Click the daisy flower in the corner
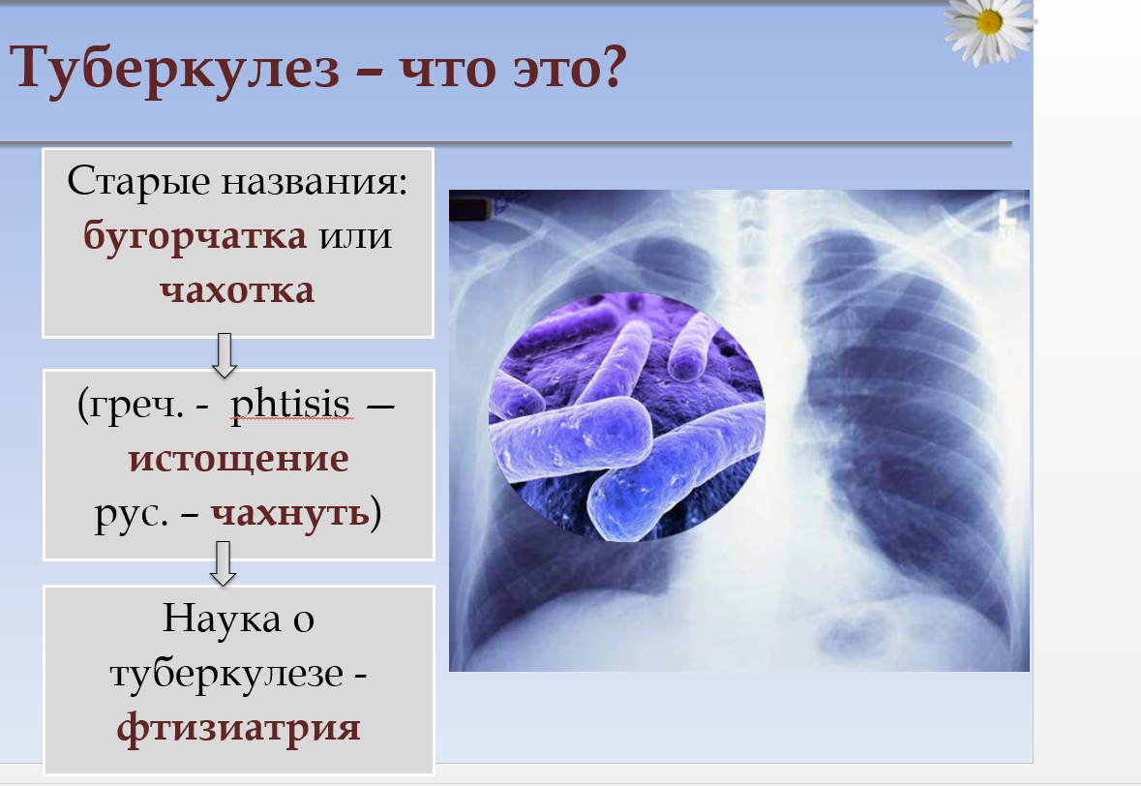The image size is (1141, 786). [x=989, y=28]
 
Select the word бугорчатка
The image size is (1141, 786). [x=195, y=237]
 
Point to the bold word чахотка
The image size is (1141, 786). [x=237, y=289]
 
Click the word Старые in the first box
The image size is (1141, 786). [x=138, y=182]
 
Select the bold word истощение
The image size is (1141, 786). [x=239, y=459]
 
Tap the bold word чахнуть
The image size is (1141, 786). [x=289, y=512]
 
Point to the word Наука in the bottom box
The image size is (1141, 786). [x=222, y=619]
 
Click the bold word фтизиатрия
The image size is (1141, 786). [x=239, y=728]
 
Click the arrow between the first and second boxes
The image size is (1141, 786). [x=225, y=355]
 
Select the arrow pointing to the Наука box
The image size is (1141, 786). [x=224, y=563]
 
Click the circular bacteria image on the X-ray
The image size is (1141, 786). [x=626, y=417]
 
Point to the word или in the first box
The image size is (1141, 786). [x=356, y=237]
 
